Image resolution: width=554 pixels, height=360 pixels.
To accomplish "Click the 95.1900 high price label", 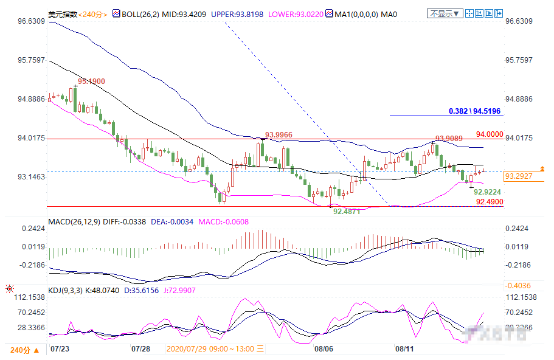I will pyautogui.click(x=91, y=81).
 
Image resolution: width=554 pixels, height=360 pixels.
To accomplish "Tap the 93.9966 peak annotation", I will pyautogui.click(x=279, y=134).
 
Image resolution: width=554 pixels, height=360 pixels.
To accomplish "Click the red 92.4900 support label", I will pyautogui.click(x=489, y=201).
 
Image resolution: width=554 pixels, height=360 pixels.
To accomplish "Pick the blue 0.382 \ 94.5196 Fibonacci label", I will pyautogui.click(x=474, y=111).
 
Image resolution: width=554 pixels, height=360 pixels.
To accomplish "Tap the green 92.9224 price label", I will pyautogui.click(x=488, y=191).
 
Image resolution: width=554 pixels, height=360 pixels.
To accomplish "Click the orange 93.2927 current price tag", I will pyautogui.click(x=518, y=176).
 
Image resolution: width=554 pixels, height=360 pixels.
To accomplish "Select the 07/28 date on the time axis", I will pyautogui.click(x=140, y=349).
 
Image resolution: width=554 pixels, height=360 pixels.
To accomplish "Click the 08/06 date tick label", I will pyautogui.click(x=324, y=349).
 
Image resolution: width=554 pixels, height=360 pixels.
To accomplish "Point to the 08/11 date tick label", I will pyautogui.click(x=404, y=349).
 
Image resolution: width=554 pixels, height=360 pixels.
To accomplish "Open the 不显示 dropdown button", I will pyautogui.click(x=445, y=13).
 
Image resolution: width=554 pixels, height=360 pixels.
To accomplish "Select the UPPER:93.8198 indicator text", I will pyautogui.click(x=237, y=13).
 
